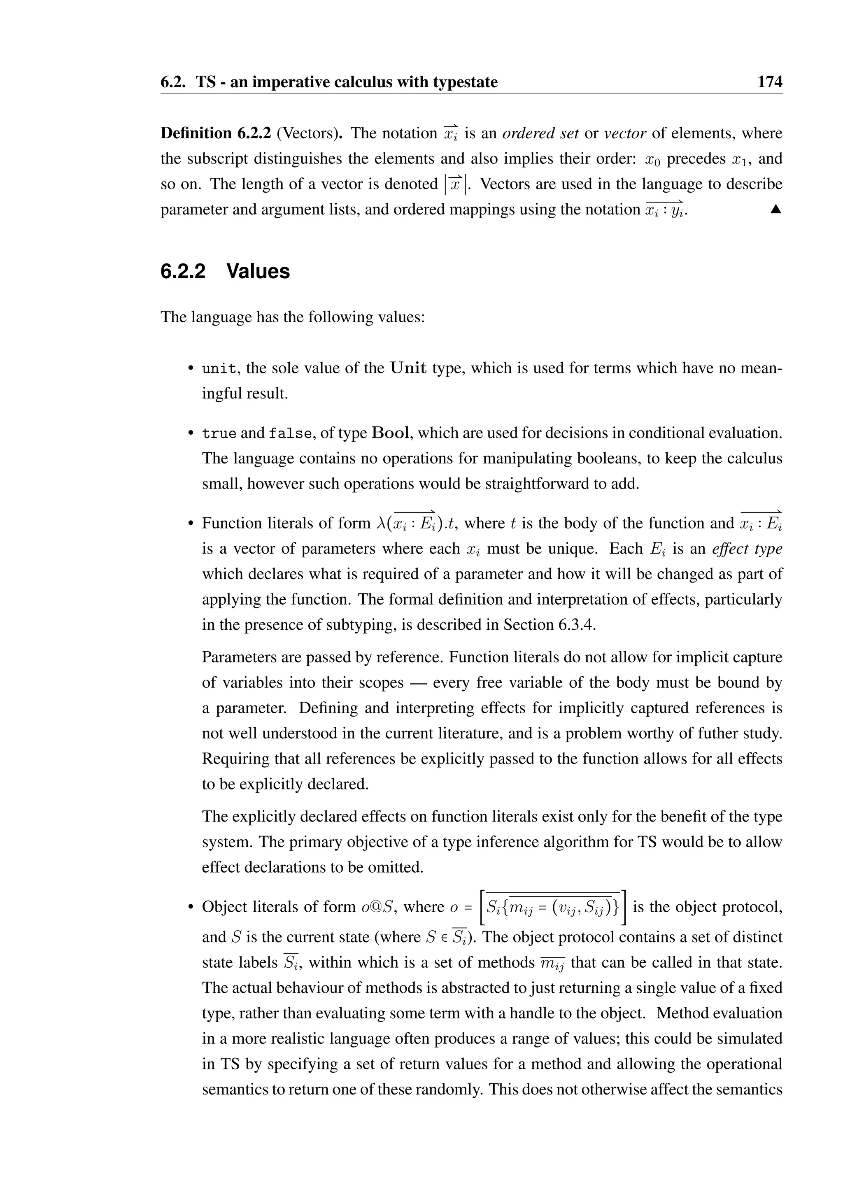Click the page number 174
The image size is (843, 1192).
point(769,82)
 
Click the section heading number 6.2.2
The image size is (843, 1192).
point(183,272)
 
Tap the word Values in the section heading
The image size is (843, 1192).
point(258,272)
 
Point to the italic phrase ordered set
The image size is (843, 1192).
point(540,133)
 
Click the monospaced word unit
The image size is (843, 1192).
point(219,369)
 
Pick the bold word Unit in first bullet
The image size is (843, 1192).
point(408,369)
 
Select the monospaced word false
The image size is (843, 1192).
point(290,433)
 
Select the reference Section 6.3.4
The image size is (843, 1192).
point(549,624)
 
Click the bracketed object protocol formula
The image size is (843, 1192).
point(553,908)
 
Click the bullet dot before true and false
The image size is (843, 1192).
point(191,433)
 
